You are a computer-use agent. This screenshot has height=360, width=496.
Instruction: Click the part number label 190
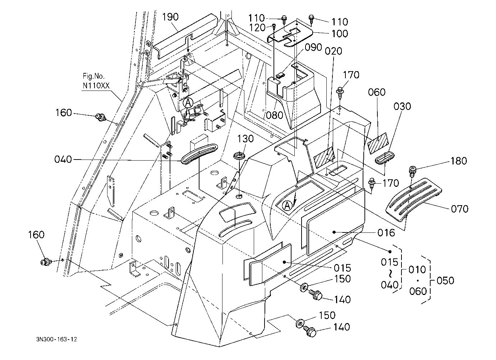[x=170, y=17]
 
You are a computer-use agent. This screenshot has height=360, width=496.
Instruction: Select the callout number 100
[x=340, y=34]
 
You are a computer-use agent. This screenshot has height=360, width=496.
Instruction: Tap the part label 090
[x=313, y=47]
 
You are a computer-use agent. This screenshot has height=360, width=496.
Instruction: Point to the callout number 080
[x=275, y=115]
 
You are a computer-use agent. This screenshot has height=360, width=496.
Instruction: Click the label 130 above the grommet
[x=245, y=139]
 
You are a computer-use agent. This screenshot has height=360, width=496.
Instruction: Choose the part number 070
[x=460, y=209]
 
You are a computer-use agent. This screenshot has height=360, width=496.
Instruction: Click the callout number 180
[x=459, y=161]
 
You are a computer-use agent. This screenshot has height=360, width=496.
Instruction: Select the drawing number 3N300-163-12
[x=57, y=339]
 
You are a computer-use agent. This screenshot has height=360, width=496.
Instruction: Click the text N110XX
[x=96, y=86]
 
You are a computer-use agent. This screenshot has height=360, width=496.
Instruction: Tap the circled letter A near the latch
[x=188, y=103]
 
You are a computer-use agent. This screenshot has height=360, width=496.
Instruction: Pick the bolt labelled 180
[x=412, y=171]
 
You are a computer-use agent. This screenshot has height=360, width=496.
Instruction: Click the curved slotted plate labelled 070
[x=414, y=199]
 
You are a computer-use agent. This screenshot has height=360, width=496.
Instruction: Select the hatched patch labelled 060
[x=377, y=143]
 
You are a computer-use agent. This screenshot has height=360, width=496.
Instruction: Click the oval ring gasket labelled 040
[x=199, y=153]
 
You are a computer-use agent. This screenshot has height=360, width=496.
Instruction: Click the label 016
[x=386, y=233]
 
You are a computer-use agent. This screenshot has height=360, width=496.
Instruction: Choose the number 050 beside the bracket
[x=446, y=281]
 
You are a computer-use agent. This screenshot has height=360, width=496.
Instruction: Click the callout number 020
[x=334, y=51]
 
